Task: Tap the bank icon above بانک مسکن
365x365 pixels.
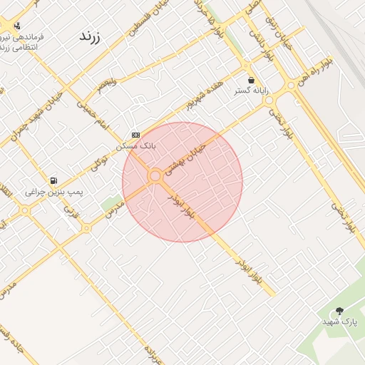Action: pos(135,135)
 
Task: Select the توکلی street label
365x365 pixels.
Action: pos(104,165)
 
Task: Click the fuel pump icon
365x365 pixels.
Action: pos(54,181)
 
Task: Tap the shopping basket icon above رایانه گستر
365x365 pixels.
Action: pos(251,80)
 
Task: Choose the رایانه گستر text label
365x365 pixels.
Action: pos(251,91)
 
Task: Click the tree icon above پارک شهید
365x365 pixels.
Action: pos(339,311)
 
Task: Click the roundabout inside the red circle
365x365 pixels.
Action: pos(155,175)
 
